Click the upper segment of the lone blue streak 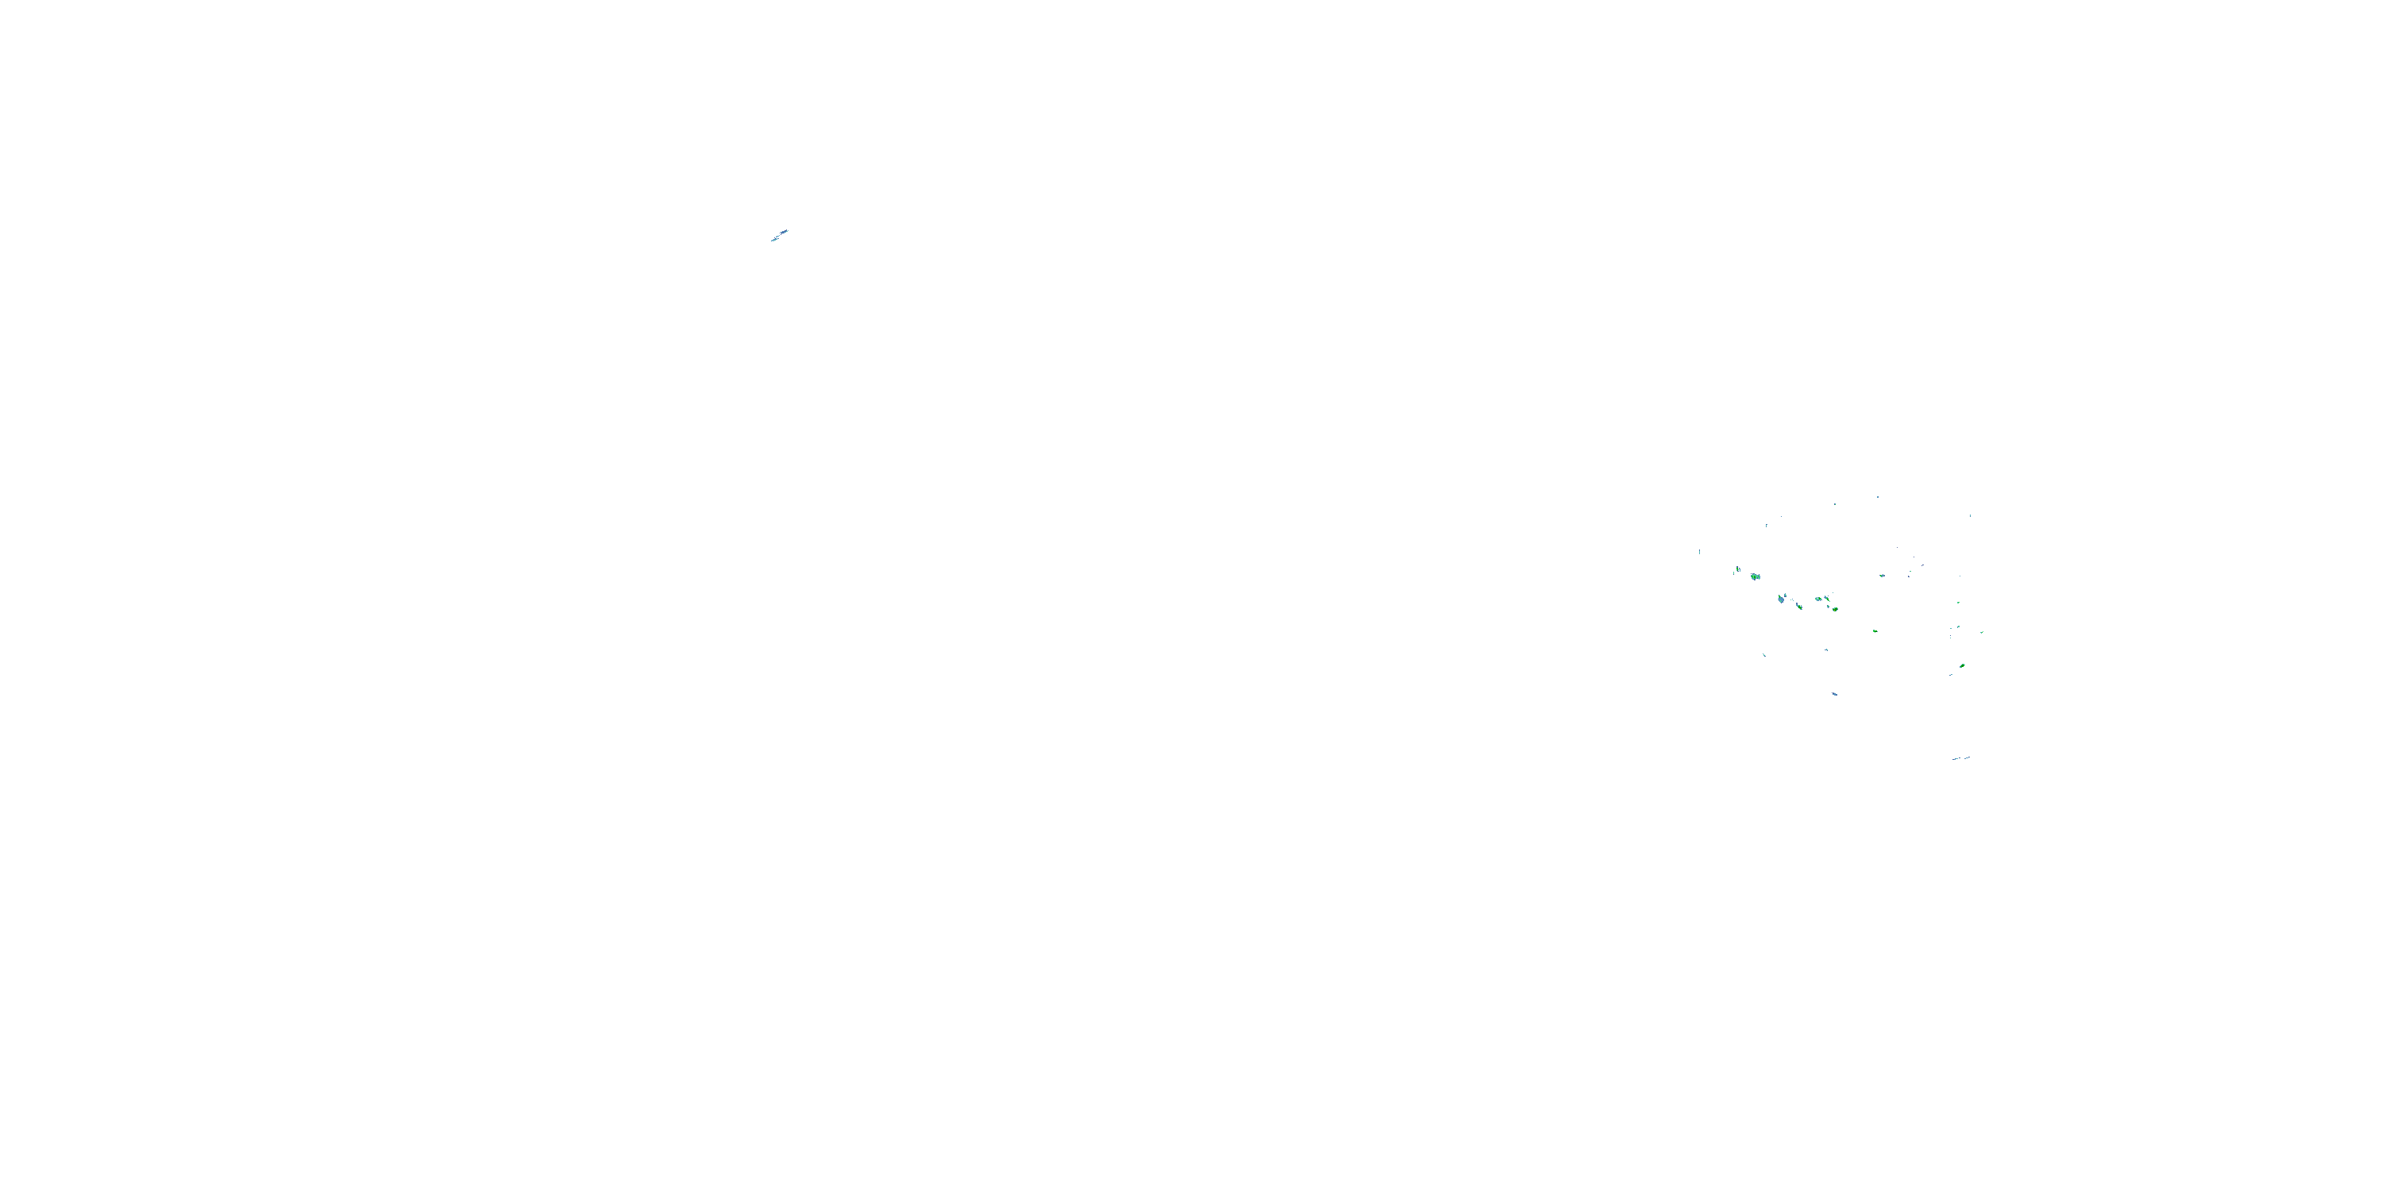click(784, 231)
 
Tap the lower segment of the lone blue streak click(775, 238)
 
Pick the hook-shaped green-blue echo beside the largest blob click(1738, 569)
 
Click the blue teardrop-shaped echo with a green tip click(1781, 599)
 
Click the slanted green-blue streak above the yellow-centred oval click(1827, 597)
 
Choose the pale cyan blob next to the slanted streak click(1818, 599)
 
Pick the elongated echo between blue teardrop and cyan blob click(1798, 606)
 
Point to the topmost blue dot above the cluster click(1877, 498)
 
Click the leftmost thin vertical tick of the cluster click(1700, 552)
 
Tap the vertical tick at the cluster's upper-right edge click(1970, 515)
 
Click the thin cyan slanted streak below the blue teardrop click(1764, 655)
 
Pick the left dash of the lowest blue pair click(1956, 759)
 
